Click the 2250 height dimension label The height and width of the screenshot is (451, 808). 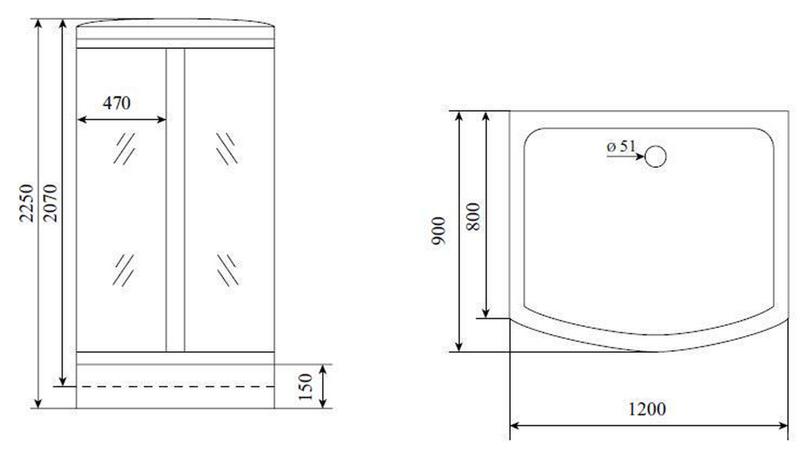point(27,203)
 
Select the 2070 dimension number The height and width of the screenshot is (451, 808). point(50,203)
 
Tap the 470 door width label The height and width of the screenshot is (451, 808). point(117,103)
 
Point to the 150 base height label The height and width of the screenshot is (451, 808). point(306,387)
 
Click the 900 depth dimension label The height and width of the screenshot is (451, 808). point(439,231)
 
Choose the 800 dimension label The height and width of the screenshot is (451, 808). point(473,216)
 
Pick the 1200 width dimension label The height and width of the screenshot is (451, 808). point(647,409)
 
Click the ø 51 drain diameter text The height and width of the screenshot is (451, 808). point(621,147)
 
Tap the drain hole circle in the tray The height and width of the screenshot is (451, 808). point(655,157)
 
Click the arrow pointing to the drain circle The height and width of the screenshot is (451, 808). point(625,157)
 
